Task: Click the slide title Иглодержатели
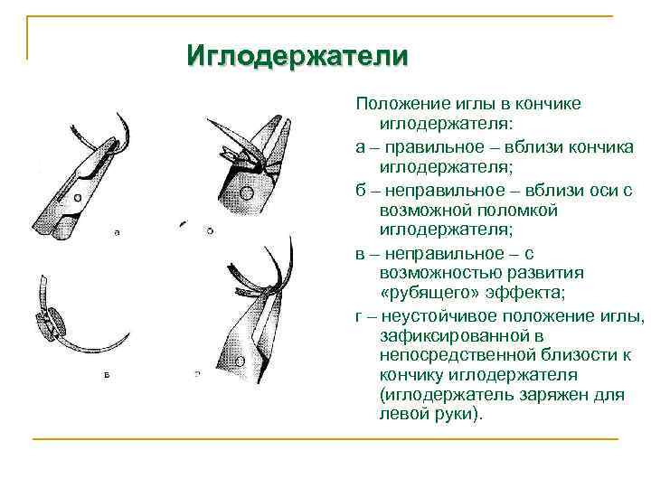click(297, 56)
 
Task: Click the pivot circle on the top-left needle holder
click(77, 196)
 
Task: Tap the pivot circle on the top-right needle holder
click(246, 192)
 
